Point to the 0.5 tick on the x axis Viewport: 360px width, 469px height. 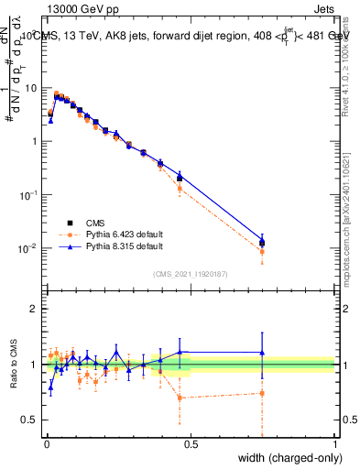[x=191, y=443]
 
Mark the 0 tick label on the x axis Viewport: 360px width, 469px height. [x=46, y=443]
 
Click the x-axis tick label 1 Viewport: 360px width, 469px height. [x=334, y=443]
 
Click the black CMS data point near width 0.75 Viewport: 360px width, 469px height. [x=262, y=243]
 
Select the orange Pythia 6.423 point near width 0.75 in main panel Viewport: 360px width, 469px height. [x=262, y=251]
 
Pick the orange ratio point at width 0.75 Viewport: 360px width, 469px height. [x=262, y=393]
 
